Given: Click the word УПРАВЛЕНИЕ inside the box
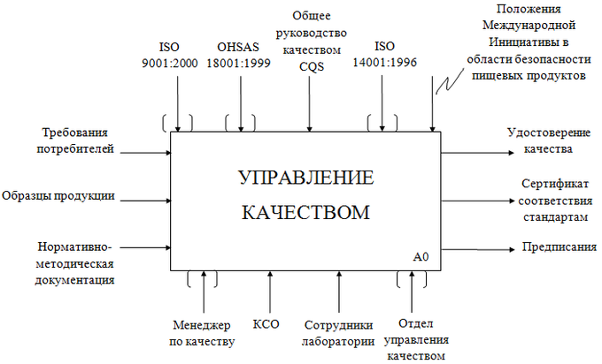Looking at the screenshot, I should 306,178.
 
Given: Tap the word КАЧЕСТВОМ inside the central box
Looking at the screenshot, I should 305,213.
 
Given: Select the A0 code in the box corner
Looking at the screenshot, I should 421,257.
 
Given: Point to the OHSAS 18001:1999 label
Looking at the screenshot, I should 236,55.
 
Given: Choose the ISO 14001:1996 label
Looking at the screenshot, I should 382,55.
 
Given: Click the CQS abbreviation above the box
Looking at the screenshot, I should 309,65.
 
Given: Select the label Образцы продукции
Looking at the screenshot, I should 58,195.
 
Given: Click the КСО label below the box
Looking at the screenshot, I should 266,323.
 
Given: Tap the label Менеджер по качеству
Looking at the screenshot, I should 204,332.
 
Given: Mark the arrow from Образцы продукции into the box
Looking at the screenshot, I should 146,195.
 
